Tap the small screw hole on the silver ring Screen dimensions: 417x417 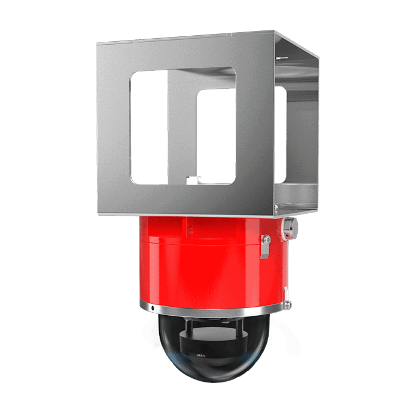[153, 308]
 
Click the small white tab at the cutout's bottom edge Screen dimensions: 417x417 [189, 179]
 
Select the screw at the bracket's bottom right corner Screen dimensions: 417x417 [275, 207]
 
